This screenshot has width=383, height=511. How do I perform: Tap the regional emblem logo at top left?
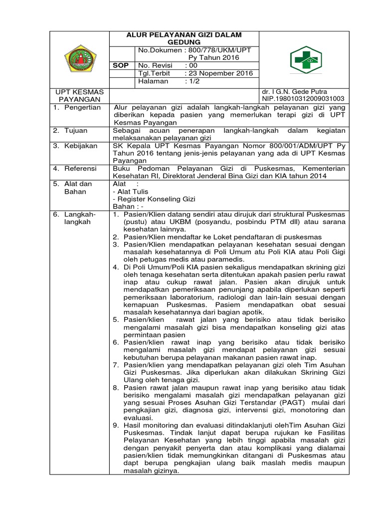coord(80,58)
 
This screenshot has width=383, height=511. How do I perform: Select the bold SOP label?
coord(122,65)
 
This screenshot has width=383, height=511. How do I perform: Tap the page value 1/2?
coord(192,81)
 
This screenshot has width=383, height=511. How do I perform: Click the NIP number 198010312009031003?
coord(312,99)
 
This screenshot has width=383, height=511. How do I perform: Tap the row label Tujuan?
coord(78,130)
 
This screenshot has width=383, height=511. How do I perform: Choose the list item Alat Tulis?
coord(131,192)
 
